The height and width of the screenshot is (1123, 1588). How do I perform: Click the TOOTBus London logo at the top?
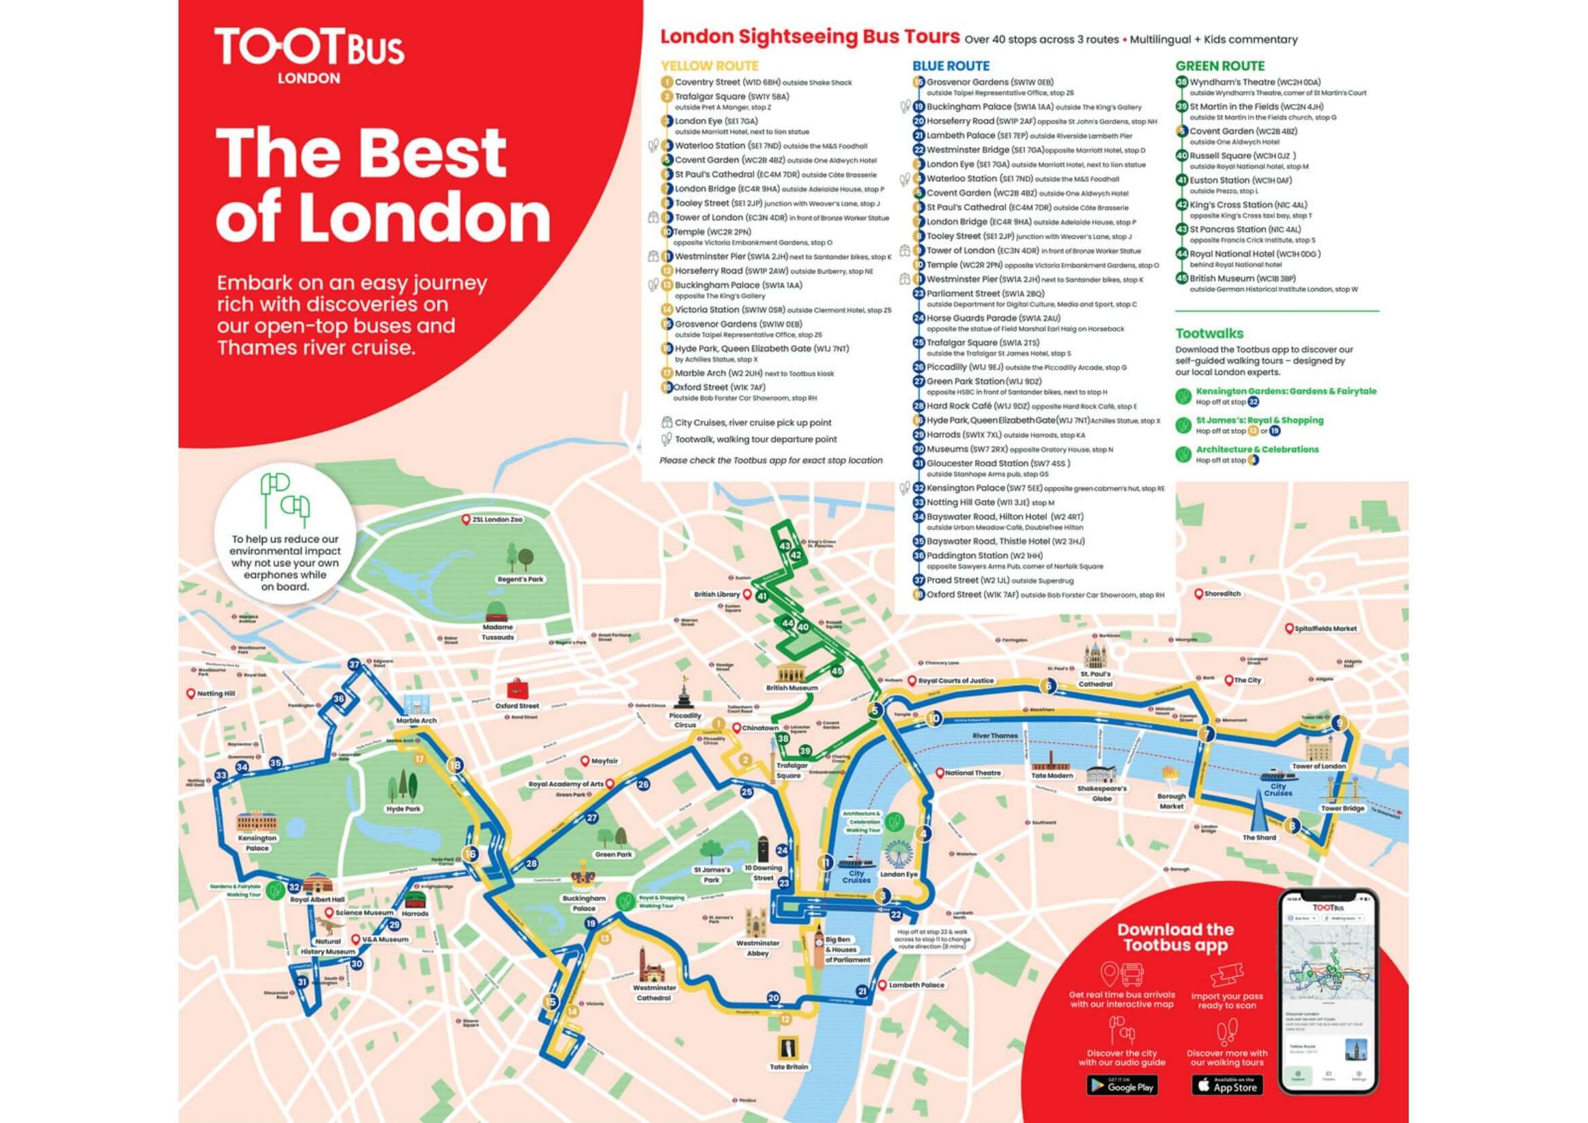coord(308,54)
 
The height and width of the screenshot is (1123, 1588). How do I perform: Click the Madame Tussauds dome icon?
coord(496,610)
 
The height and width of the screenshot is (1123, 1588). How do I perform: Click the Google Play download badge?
coord(1121,1085)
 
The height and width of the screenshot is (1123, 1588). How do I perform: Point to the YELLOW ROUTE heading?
coord(709,67)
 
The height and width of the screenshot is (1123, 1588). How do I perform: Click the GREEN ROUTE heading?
coord(1220,67)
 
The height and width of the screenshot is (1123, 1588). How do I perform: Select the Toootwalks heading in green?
coord(1209,333)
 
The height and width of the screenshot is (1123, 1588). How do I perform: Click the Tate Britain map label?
coord(788,1066)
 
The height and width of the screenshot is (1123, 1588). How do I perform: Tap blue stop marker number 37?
coord(355,665)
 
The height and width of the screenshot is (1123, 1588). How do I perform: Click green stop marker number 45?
coord(837,671)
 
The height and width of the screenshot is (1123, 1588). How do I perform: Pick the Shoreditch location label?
coord(1222,594)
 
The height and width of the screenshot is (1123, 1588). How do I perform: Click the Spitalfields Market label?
coord(1325,629)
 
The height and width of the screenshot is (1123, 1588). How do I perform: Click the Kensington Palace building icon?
coord(257,822)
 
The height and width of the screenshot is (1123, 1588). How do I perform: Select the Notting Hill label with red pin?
coord(215,694)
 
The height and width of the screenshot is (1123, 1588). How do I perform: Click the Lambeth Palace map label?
coord(916,984)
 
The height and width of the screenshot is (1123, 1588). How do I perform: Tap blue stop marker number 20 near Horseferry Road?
coord(773,997)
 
